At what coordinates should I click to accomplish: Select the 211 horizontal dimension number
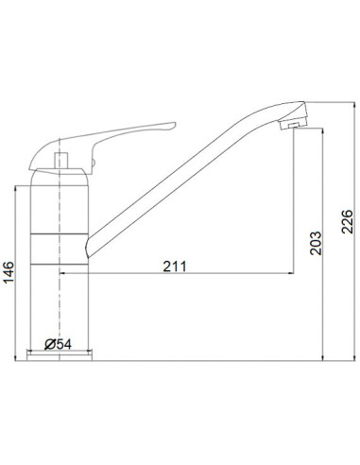173,266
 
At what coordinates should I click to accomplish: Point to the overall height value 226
347,222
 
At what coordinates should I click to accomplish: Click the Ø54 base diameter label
60,344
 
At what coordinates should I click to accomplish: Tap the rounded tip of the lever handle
170,126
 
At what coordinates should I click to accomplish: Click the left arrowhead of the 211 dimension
65,274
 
